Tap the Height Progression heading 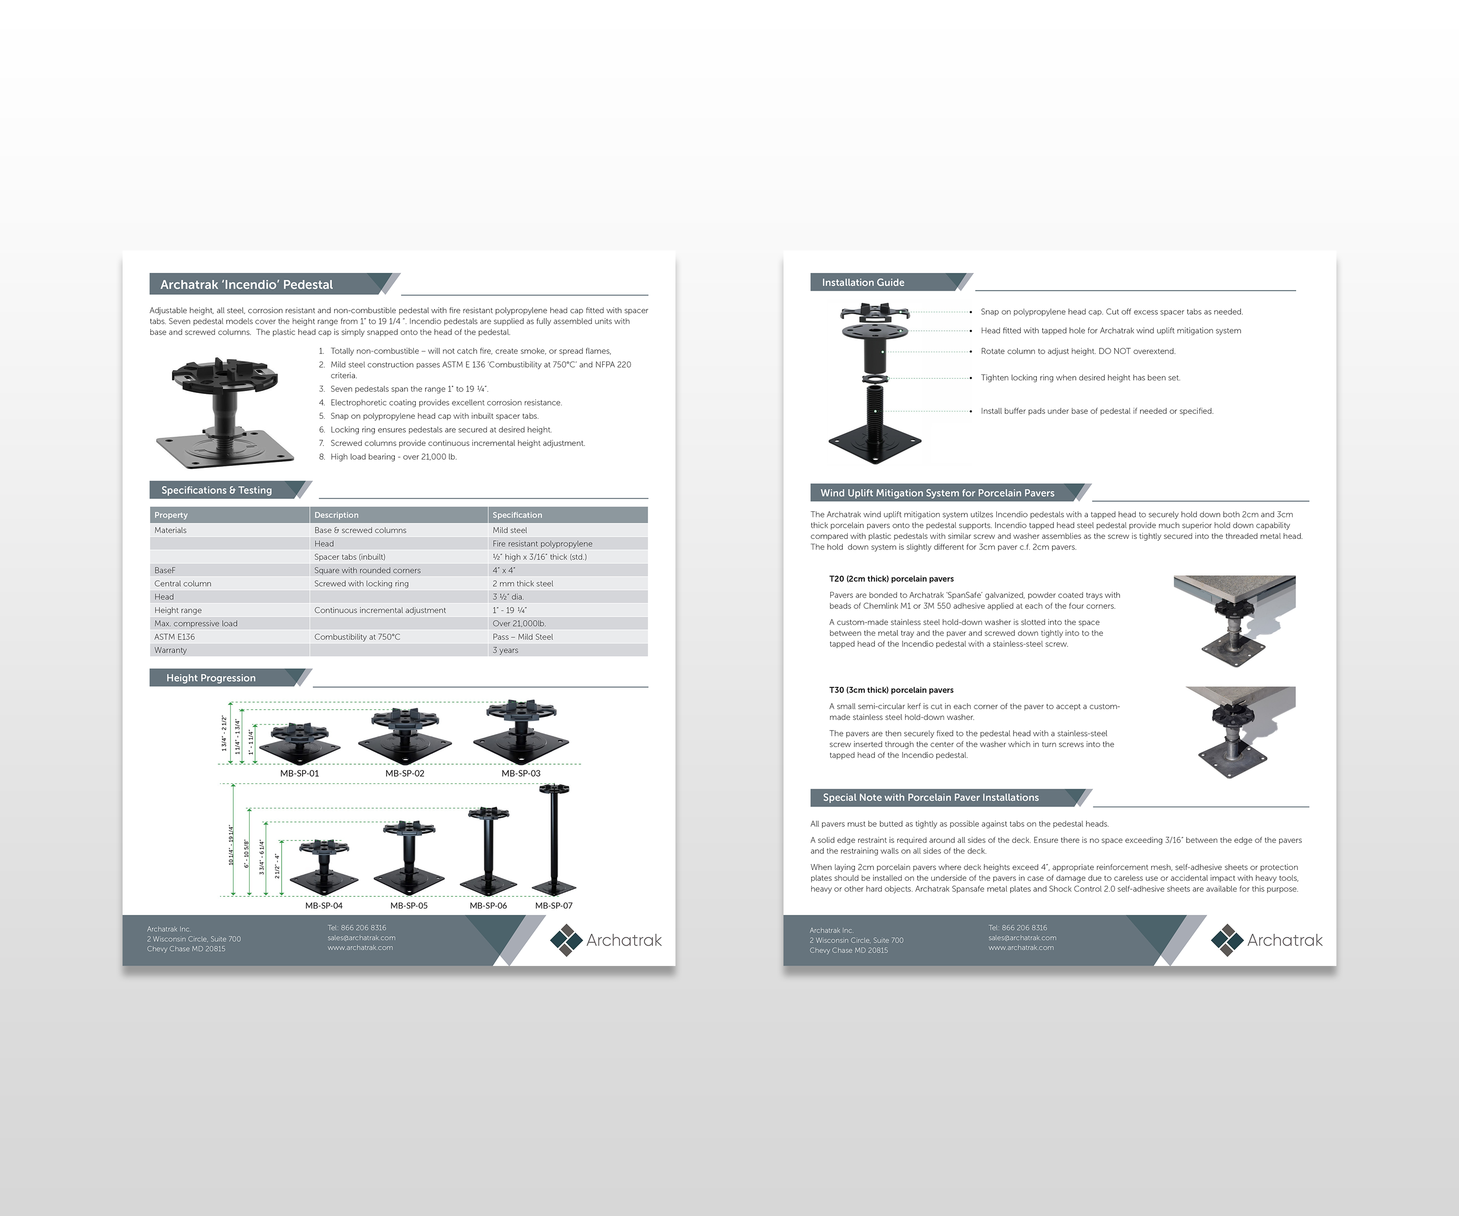point(211,678)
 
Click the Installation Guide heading point(863,283)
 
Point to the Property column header point(171,515)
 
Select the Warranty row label point(170,650)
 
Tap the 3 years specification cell point(505,650)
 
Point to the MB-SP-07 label point(554,905)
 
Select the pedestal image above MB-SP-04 point(324,869)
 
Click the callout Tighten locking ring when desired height point(1080,378)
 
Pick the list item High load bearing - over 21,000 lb point(393,457)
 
